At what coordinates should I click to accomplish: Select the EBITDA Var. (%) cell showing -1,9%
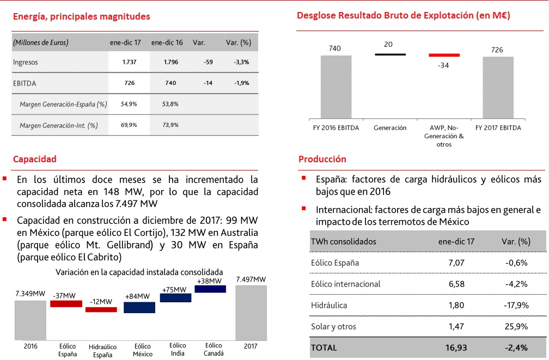241,83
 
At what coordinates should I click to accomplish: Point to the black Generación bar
390,54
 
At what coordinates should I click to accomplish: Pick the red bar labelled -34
444,55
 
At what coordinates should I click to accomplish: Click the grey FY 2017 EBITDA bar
498,88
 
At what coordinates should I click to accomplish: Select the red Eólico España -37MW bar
65,303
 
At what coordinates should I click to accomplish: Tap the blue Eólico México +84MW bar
139,307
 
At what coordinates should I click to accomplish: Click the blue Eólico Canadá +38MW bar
210,289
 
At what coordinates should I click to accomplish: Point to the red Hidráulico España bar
101,309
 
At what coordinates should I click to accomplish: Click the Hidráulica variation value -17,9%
516,306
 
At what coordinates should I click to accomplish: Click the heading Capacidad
34,159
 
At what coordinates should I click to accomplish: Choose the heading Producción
322,159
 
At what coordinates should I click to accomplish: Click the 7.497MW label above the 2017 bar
251,279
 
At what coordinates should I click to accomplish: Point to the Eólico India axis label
178,349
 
